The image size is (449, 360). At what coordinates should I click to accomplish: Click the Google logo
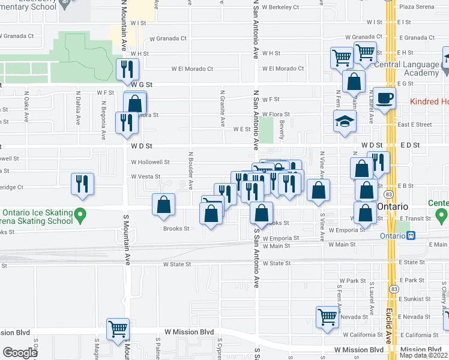[19, 353]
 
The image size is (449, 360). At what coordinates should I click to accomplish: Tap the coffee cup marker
[385, 97]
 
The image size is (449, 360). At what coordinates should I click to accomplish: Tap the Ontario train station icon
[411, 235]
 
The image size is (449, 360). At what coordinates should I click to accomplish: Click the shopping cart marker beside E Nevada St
[327, 316]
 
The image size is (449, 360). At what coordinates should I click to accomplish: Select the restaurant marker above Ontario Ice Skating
[82, 184]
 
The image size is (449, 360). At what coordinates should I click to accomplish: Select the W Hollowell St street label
[150, 162]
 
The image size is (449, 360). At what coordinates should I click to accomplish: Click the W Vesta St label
[145, 176]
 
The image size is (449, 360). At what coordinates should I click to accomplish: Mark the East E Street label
[414, 125]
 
